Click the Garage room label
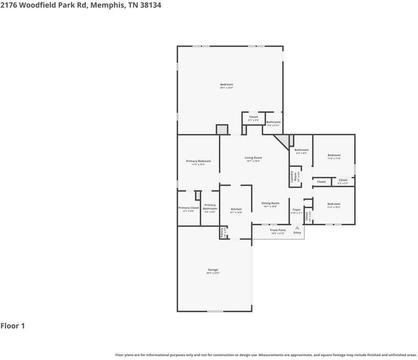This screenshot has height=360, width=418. point(213,270)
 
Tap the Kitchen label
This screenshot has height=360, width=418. point(236,209)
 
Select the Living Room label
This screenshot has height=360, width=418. point(253,158)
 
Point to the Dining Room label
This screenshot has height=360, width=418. point(270,203)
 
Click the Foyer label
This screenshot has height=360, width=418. point(296,210)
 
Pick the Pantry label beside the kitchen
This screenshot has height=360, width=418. point(223,233)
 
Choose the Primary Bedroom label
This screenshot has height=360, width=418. point(198,161)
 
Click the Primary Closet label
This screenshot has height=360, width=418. point(188,208)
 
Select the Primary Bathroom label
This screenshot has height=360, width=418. point(210,207)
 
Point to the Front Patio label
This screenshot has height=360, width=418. point(278,230)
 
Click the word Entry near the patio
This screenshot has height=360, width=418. point(297,232)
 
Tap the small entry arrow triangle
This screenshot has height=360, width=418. point(297,227)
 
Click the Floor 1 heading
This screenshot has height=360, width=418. point(13,326)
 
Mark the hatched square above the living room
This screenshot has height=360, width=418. point(222,129)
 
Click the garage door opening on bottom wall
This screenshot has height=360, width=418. point(215,311)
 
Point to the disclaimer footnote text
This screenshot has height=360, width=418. point(266,355)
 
